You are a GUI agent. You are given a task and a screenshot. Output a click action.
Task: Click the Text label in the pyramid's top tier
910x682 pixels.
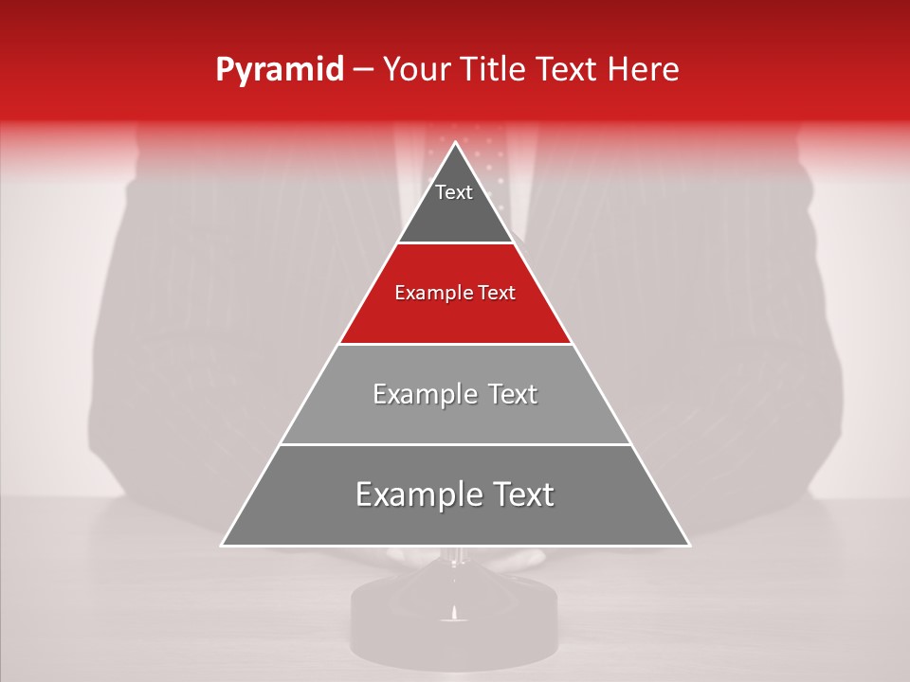pyautogui.click(x=454, y=192)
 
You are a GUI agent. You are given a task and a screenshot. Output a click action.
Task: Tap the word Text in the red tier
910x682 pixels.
pyautogui.click(x=496, y=294)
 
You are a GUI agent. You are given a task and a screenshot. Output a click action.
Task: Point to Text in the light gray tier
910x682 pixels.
pyautogui.click(x=509, y=394)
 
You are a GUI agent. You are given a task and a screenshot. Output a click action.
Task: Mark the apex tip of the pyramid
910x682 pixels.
pyautogui.click(x=455, y=143)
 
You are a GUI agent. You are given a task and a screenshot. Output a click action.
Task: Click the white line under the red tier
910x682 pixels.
pyautogui.click(x=455, y=344)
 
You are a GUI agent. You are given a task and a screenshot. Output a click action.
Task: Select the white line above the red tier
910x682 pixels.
pyautogui.click(x=455, y=243)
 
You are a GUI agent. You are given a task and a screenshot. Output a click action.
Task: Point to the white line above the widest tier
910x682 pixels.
pyautogui.click(x=455, y=444)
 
